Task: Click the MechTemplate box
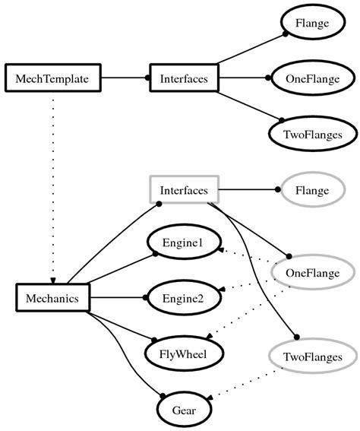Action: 52,78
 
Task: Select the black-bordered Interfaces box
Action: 184,78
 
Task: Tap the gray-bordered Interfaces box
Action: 184,190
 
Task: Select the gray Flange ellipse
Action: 312,190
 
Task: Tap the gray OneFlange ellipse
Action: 312,271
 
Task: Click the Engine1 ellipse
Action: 183,242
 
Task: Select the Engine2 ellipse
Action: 183,298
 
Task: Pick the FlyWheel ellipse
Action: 183,353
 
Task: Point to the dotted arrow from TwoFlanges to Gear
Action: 243,384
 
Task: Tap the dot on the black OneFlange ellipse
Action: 268,78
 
